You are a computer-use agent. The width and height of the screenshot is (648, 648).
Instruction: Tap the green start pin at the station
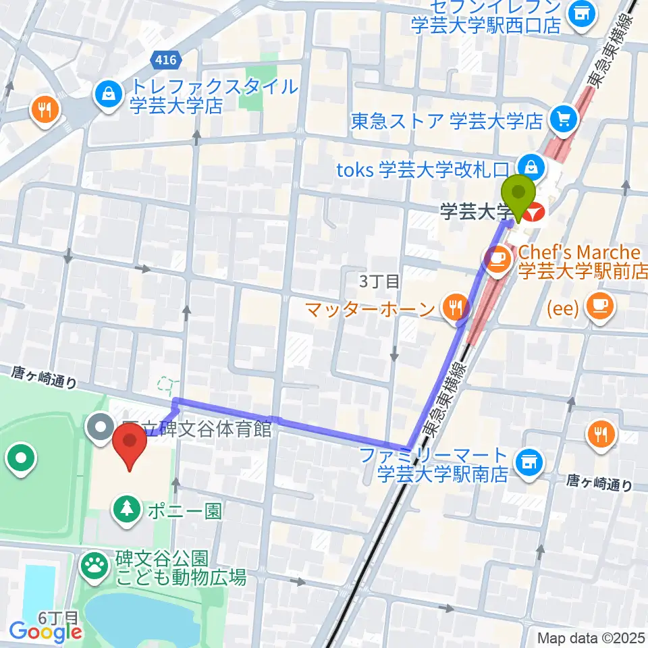(x=518, y=194)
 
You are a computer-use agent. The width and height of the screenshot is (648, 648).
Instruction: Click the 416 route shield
(x=165, y=60)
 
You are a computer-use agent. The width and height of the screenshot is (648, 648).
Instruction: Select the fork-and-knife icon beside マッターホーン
(x=454, y=308)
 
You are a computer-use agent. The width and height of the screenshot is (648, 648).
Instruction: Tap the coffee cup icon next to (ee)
(x=599, y=305)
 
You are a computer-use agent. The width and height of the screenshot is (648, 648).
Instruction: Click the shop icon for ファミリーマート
(x=529, y=462)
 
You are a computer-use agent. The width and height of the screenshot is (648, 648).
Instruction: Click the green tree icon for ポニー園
(x=126, y=508)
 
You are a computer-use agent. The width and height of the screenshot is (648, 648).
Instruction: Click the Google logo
(x=46, y=632)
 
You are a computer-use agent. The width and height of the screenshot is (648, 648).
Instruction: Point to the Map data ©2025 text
(x=592, y=637)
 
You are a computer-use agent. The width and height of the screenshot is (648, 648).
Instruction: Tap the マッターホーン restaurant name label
(x=369, y=310)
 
